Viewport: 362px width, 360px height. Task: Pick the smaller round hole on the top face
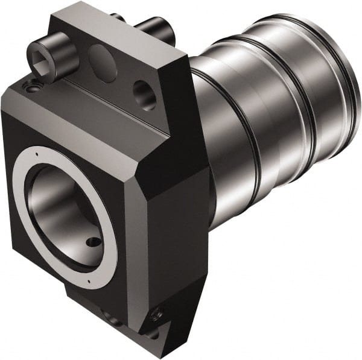point(144,92)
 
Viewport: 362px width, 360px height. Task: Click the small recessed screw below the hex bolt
point(31,88)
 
